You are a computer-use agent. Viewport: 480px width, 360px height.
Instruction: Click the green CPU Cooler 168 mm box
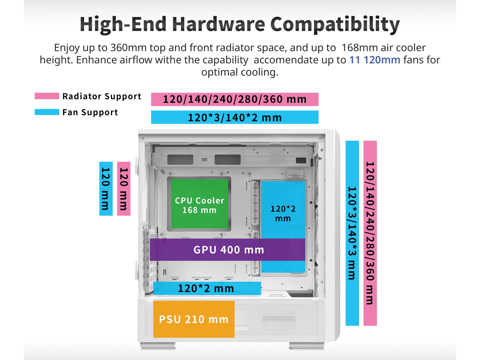pos(199,204)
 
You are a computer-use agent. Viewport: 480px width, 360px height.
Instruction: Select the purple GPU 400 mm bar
pos(227,250)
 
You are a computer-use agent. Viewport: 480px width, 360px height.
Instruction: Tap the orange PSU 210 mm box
pos(194,319)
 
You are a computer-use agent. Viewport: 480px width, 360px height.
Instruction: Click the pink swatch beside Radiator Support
pos(47,96)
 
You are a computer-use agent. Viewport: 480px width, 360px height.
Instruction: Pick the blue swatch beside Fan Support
pos(47,112)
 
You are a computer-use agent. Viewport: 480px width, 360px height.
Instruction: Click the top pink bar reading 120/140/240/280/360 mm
pos(235,99)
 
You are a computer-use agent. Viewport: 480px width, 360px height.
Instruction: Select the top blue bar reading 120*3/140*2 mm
pos(235,117)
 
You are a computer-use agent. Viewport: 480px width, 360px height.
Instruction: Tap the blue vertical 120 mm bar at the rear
pos(106,189)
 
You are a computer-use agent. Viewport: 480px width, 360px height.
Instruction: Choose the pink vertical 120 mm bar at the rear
pos(124,189)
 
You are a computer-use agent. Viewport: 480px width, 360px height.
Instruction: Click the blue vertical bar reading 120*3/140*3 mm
pos(352,233)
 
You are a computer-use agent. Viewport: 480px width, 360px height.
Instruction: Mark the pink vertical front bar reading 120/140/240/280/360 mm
pos(370,233)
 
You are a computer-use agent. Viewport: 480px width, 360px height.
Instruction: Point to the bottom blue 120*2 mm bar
pos(207,288)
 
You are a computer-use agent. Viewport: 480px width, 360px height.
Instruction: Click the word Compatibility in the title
pos(335,24)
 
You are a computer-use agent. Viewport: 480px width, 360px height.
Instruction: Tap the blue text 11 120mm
pos(375,60)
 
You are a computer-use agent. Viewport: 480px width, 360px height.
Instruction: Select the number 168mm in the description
pos(360,47)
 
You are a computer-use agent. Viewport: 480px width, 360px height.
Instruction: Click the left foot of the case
pos(157,346)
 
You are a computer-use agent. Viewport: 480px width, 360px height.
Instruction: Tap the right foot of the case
pos(307,346)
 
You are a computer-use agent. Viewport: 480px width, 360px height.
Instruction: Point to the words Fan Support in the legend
pos(90,112)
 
